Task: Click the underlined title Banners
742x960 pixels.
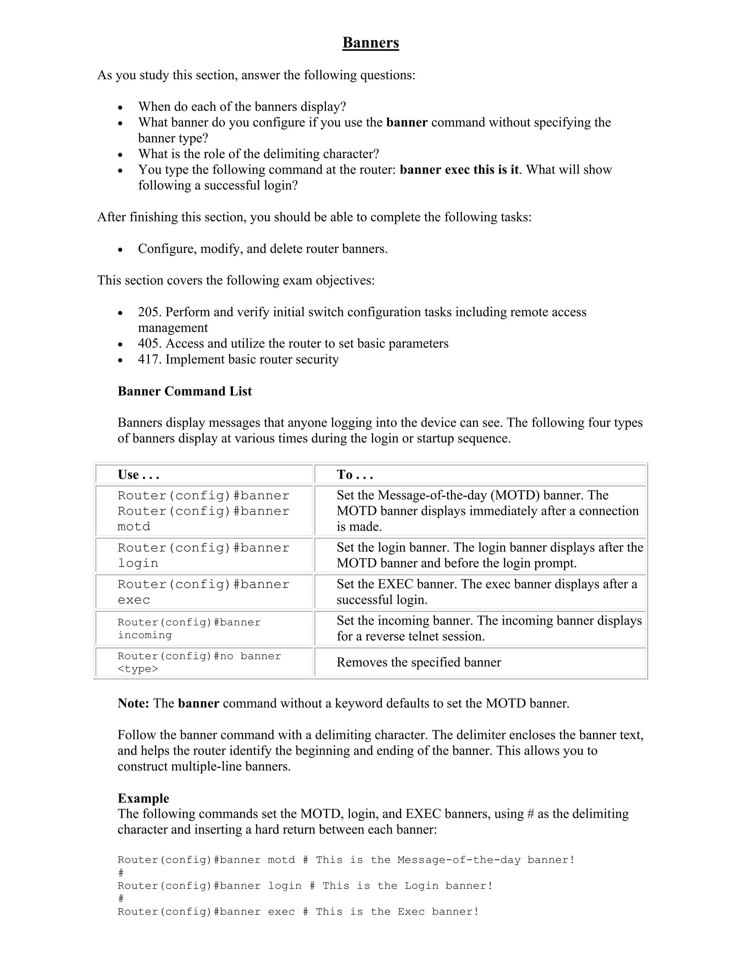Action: (x=371, y=43)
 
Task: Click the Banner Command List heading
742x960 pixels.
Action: (x=185, y=391)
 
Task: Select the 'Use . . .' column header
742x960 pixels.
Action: (x=138, y=475)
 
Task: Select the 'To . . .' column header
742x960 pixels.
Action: (x=355, y=475)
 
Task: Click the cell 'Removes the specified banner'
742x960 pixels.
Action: (x=418, y=663)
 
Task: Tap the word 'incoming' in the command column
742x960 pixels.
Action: (x=145, y=635)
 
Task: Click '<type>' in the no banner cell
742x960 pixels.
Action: (x=138, y=669)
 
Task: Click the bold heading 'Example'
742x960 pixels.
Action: (x=143, y=798)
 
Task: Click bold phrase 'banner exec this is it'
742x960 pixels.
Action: (x=459, y=170)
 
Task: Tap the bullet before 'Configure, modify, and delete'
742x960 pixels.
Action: (x=120, y=250)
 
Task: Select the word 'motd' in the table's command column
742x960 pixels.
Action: (x=134, y=527)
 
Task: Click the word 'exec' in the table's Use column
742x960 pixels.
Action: (x=134, y=600)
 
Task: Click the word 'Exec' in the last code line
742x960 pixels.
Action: (x=411, y=912)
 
